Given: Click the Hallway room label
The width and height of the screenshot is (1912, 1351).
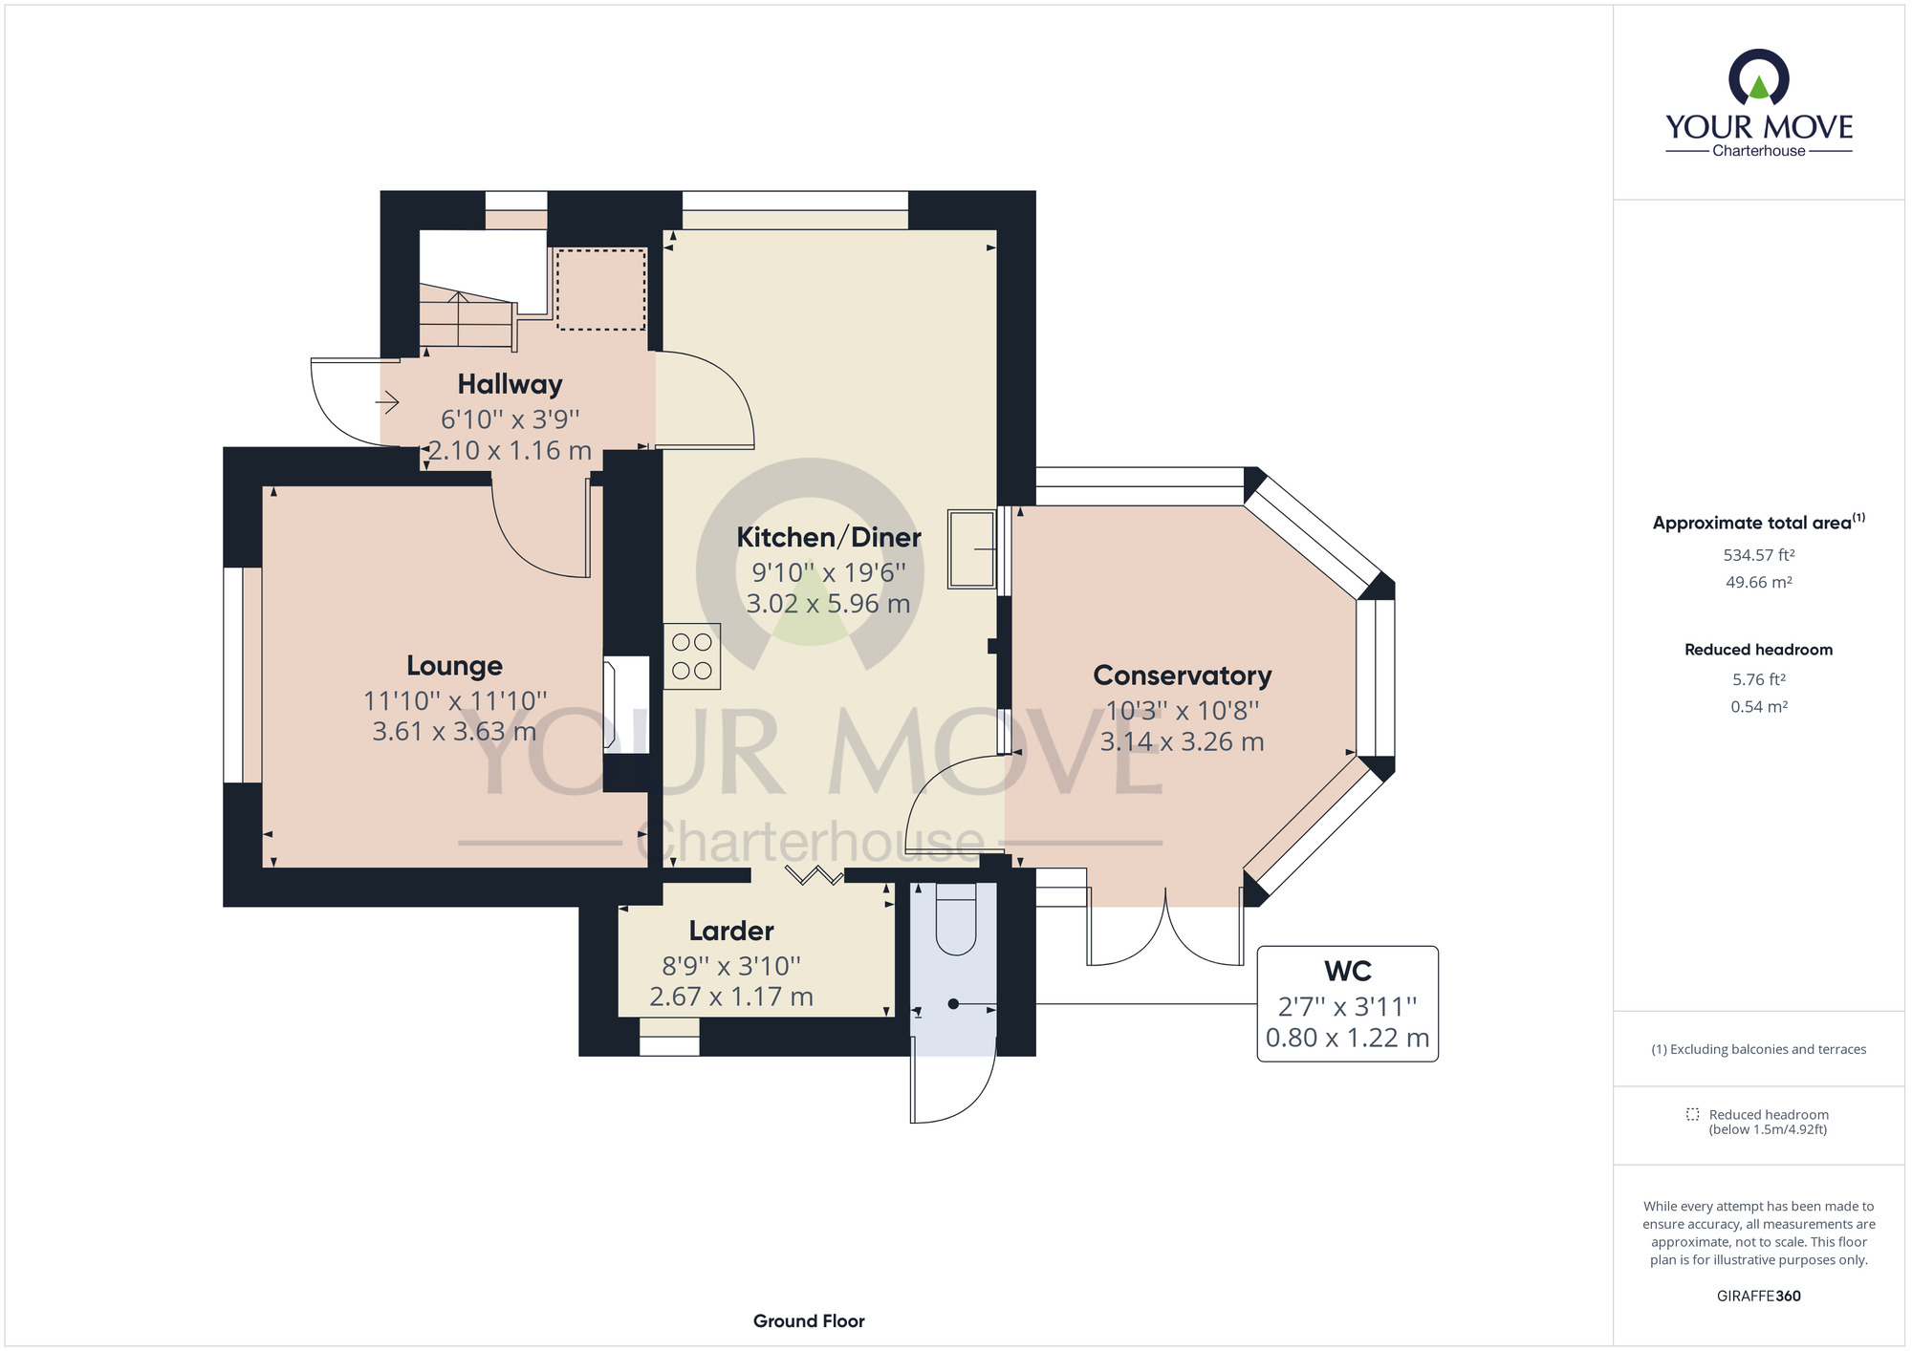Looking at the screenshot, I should pos(510,384).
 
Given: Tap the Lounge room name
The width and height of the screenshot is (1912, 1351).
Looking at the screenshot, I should pos(454,666).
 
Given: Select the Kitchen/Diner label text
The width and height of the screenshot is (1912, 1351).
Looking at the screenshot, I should pos(828,538).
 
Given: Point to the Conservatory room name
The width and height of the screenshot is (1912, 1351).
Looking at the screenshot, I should pos(1182,675).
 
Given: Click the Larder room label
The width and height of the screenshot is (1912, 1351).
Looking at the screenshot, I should pos(731,931).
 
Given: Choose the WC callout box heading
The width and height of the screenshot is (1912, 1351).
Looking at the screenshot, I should pos(1347,972).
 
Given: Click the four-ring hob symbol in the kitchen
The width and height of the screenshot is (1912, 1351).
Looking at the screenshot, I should pos(692,656).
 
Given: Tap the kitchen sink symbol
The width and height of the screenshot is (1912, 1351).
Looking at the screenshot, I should pos(971,548).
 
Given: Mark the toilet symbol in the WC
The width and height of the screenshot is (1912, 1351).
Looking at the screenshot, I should pos(955,920).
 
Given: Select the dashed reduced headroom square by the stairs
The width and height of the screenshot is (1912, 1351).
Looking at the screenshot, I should pos(600,289).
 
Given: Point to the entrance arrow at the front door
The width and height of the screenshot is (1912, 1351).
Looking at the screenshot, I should pos(387,403).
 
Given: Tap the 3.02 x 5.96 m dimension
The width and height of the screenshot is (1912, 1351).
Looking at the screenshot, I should pos(828,604).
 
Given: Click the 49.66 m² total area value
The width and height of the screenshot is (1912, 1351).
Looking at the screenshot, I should pos(1758,583).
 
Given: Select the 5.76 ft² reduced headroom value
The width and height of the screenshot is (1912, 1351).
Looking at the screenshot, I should pos(1758,680).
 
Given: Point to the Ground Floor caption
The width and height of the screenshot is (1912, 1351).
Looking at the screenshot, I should pos(809,1321).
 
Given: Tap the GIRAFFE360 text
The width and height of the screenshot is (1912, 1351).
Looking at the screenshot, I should pos(1758,1297).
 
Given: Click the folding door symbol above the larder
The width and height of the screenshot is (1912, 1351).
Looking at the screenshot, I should pos(813,874).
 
